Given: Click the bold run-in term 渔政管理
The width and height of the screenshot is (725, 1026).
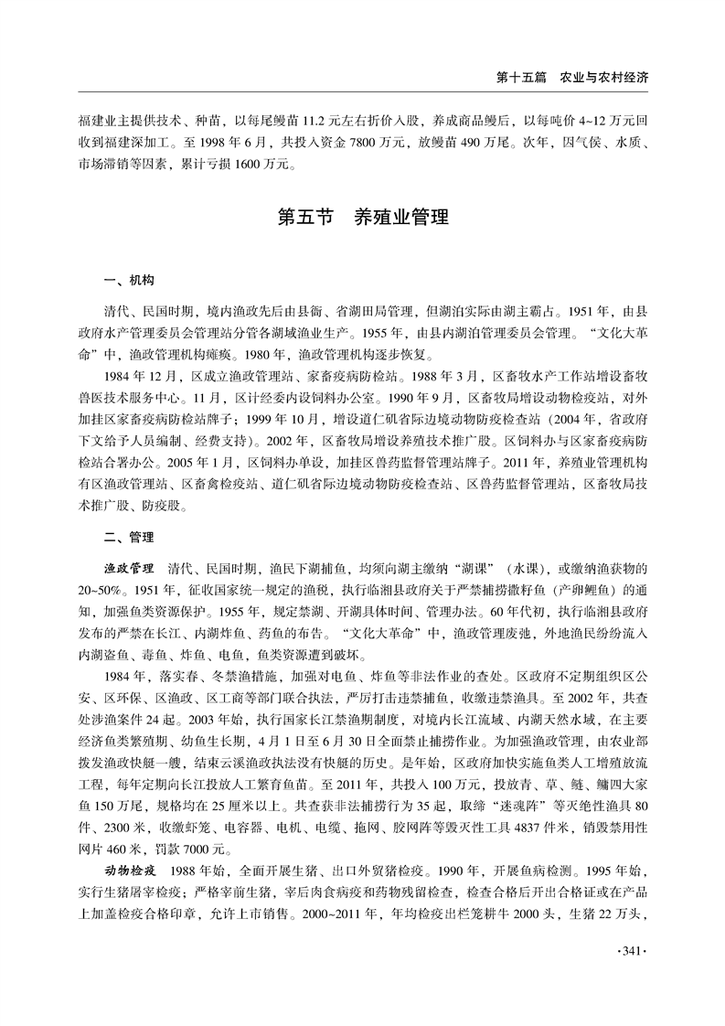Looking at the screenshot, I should pos(131,568).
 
